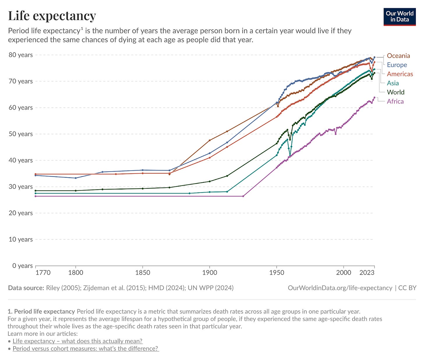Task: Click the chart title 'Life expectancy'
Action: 52,16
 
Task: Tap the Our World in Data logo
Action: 399,17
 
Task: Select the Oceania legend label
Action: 398,56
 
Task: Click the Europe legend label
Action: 397,65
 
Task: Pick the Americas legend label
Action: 400,74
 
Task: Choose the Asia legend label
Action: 393,83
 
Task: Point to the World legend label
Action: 395,92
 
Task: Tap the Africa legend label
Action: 395,101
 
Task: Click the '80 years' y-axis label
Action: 21,55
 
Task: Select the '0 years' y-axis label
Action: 22,266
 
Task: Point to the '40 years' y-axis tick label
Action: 21,160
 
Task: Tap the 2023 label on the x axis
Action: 367,273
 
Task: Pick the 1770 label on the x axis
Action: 43,273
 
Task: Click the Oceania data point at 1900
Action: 210,140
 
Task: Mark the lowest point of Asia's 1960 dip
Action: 290,155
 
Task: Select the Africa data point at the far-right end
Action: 374,98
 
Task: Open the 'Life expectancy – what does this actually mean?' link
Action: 77,341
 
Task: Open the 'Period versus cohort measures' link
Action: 85,349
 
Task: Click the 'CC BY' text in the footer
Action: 407,288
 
